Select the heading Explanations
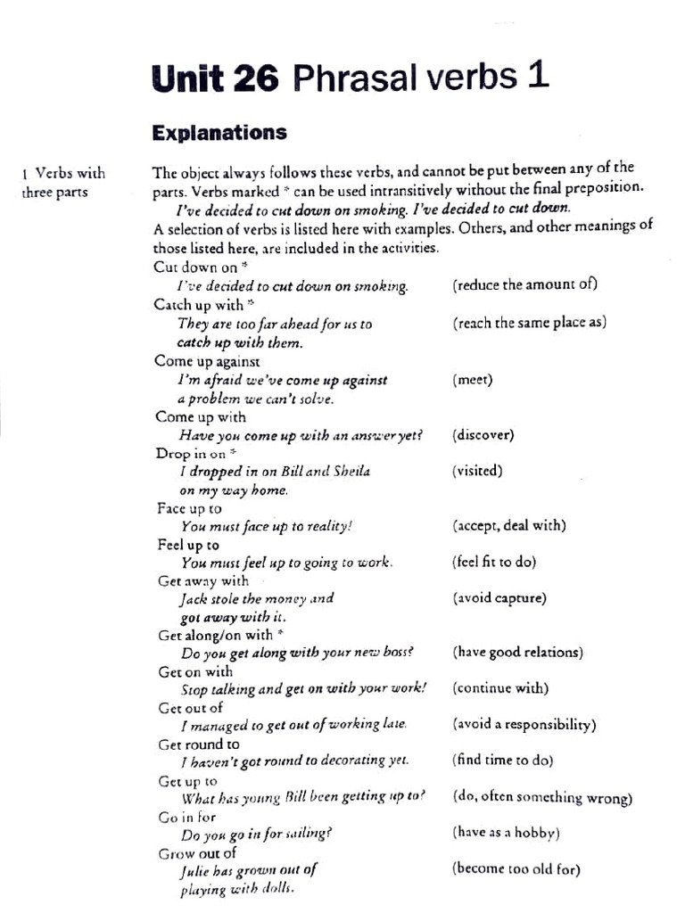click(x=219, y=133)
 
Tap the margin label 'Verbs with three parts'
click(x=62, y=183)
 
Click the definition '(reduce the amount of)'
click(x=524, y=284)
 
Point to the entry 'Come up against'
click(x=207, y=361)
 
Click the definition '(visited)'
click(x=477, y=471)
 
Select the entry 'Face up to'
click(x=189, y=508)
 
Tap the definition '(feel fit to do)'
click(x=494, y=563)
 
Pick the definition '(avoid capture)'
click(x=499, y=597)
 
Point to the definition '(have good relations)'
click(x=517, y=652)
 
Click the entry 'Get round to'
click(x=199, y=744)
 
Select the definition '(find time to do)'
click(x=503, y=760)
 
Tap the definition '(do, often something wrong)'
click(x=542, y=797)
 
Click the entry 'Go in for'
click(x=187, y=817)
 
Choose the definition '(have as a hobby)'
click(x=506, y=833)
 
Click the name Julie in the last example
click(x=196, y=871)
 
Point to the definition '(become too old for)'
click(x=516, y=868)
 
